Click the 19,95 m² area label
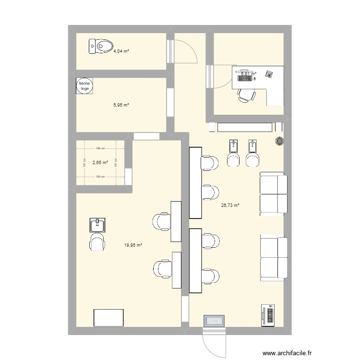pos(133,245)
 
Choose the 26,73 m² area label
pos(230,205)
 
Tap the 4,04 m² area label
pos(121,51)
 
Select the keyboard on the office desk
pos(244,75)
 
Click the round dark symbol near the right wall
pos(279,141)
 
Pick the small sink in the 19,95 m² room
pos(97,224)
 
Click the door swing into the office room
pos(218,77)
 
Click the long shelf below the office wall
pos(244,127)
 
